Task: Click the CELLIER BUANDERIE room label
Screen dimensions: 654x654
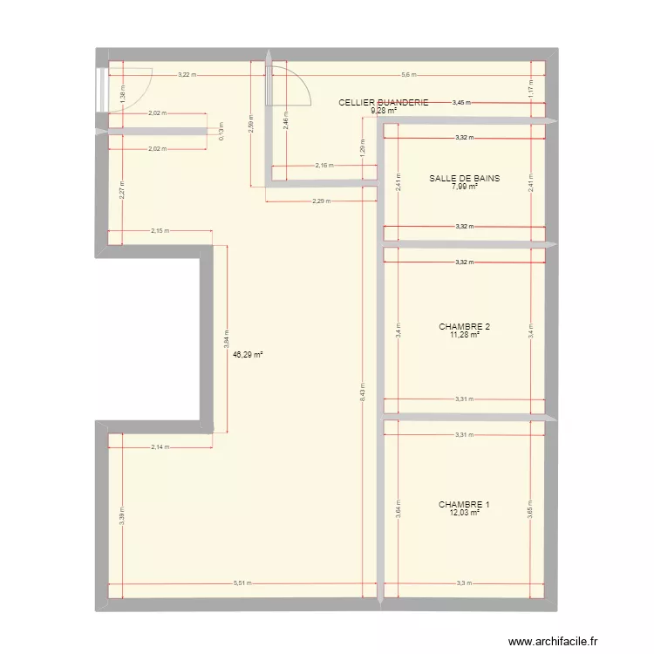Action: [x=384, y=103]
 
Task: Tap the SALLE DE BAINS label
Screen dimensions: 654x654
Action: [x=465, y=179]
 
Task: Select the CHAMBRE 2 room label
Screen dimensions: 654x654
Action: [x=465, y=327]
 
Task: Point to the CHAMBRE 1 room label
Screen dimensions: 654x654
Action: [x=464, y=505]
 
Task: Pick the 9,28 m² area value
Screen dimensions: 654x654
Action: [x=384, y=111]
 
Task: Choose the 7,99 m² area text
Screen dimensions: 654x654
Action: [x=465, y=187]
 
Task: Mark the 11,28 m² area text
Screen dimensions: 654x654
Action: [x=465, y=335]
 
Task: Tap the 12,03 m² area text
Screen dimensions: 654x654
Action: [x=464, y=513]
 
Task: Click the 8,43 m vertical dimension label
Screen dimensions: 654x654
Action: [x=362, y=395]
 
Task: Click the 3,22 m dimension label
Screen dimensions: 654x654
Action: [x=187, y=75]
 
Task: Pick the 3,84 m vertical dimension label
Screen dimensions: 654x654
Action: [x=226, y=338]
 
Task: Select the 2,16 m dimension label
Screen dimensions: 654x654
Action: [x=322, y=166]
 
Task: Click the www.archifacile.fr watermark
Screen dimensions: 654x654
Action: [x=557, y=639]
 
